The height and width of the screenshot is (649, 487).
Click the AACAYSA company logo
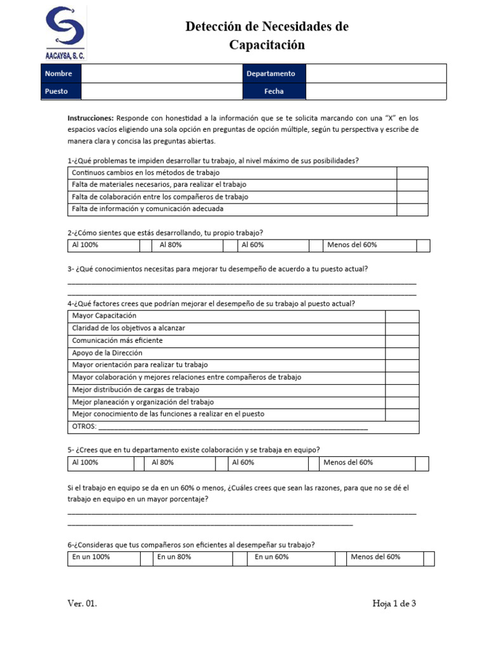[x=65, y=32]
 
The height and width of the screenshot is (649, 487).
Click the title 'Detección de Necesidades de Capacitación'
[x=266, y=35]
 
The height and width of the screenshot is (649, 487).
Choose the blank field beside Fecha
[x=375, y=91]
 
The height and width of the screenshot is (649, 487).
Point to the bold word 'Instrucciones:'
[x=91, y=118]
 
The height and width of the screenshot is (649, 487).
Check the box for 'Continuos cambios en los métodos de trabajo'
[x=412, y=173]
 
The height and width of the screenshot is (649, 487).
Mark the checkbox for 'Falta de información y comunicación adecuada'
[x=412, y=209]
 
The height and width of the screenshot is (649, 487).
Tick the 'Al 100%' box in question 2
[x=146, y=245]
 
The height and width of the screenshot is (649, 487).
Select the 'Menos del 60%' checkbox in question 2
[x=423, y=245]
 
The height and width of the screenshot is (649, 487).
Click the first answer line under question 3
[x=242, y=283]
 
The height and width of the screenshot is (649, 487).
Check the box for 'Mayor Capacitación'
[x=402, y=316]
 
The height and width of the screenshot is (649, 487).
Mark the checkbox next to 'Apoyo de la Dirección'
[x=402, y=353]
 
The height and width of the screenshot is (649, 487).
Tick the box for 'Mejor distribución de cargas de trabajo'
[x=402, y=390]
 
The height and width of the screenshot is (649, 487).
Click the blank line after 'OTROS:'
[x=235, y=428]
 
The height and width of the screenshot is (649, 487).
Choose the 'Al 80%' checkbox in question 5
[x=221, y=463]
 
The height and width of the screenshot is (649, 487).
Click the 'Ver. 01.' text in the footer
[x=82, y=604]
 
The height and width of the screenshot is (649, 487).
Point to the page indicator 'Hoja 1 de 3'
[x=394, y=604]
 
